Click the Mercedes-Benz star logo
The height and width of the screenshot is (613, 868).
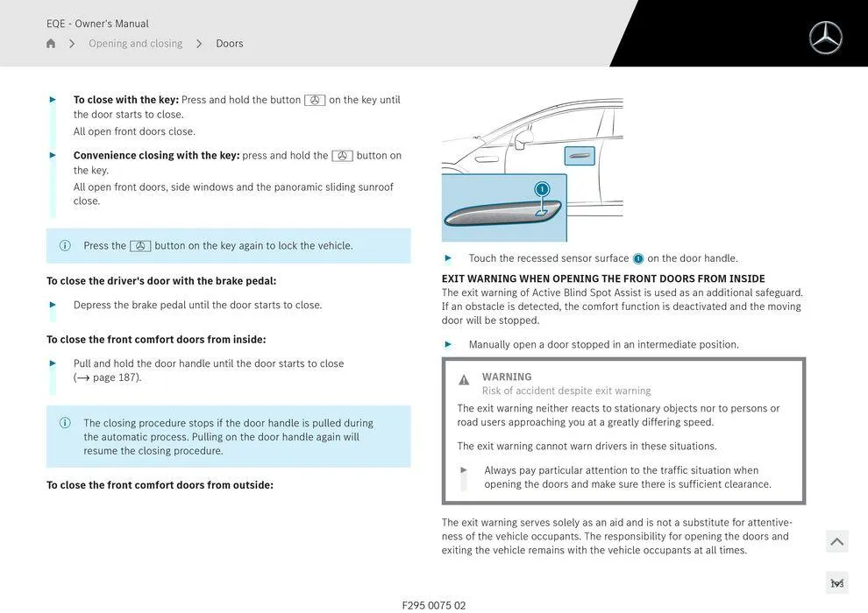point(825,38)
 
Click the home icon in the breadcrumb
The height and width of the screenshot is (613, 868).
point(51,44)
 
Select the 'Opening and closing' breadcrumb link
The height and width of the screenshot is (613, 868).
point(135,44)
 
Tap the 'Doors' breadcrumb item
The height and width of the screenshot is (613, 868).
point(230,44)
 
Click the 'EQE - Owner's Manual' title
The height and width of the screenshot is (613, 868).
point(97,24)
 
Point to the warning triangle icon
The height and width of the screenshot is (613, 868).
point(464,380)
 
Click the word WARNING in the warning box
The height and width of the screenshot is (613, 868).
point(507,377)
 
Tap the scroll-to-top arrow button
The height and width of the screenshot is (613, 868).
point(836,542)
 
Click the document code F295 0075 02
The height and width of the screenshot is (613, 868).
point(434,605)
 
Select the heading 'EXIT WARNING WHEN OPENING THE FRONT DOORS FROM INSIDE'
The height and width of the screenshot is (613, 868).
point(603,278)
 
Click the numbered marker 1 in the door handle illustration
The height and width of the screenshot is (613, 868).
point(542,189)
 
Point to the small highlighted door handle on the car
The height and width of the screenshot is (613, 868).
point(580,157)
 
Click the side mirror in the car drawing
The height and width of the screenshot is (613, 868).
point(523,138)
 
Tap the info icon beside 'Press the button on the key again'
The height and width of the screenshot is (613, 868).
point(65,246)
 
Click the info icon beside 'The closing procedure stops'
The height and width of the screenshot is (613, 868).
point(65,423)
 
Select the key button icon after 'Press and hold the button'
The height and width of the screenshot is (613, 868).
point(315,100)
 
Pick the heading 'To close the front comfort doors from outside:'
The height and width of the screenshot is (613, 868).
point(160,485)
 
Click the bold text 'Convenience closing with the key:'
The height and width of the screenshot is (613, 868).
point(156,156)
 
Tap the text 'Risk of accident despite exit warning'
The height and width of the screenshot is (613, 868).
point(566,391)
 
